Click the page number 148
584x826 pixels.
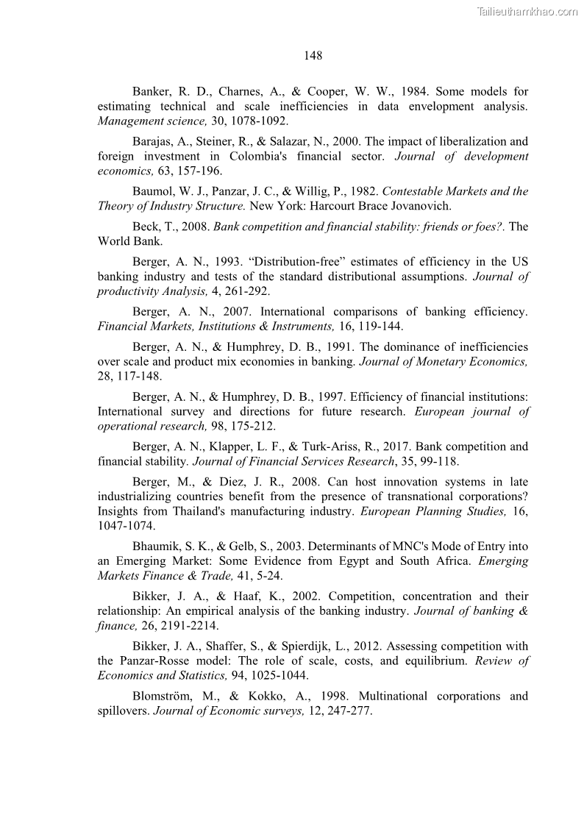pos(313,56)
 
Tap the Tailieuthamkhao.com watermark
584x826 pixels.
pos(527,11)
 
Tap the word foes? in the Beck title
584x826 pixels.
pos(485,227)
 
